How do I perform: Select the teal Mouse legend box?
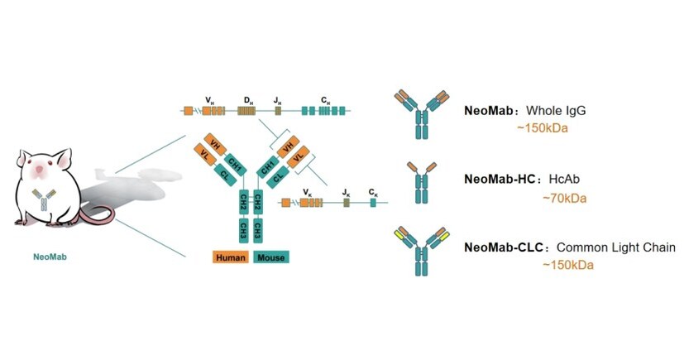tap(270, 257)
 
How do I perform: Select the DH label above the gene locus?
tap(246, 99)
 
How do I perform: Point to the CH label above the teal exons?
tap(326, 99)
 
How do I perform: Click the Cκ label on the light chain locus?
tap(374, 191)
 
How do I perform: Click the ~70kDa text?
tap(565, 199)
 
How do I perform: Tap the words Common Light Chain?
tap(617, 247)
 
